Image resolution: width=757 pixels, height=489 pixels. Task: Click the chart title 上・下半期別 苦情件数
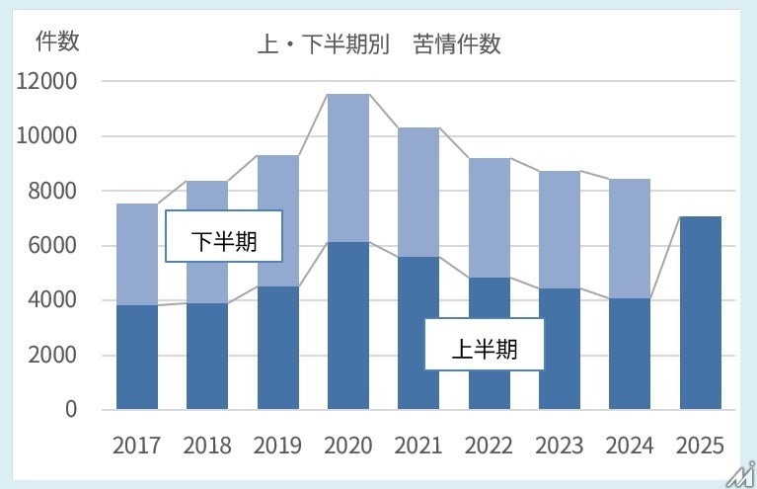pyautogui.click(x=380, y=45)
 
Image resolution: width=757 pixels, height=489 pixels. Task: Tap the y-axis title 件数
pyautogui.click(x=57, y=41)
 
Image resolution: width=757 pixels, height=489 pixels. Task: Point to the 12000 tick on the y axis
pyautogui.click(x=46, y=81)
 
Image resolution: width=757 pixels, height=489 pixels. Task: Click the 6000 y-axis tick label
pyautogui.click(x=51, y=245)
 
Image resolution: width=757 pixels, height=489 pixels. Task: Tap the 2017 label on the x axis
pyautogui.click(x=137, y=446)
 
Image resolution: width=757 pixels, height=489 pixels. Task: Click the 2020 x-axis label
pyautogui.click(x=348, y=446)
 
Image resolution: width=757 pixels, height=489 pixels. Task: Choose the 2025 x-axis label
pyautogui.click(x=700, y=446)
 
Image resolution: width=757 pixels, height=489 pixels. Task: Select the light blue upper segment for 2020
pyautogui.click(x=348, y=168)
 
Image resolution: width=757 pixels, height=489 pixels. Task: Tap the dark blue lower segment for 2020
pyautogui.click(x=348, y=326)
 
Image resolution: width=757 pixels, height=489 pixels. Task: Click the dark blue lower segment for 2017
pyautogui.click(x=137, y=358)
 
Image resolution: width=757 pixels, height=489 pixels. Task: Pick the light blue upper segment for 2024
pyautogui.click(x=630, y=238)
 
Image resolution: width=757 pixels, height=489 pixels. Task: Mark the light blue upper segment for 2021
pyautogui.click(x=418, y=192)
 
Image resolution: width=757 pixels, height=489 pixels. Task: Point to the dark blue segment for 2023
pyautogui.click(x=560, y=349)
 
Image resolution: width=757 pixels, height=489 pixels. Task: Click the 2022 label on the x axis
pyautogui.click(x=490, y=446)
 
